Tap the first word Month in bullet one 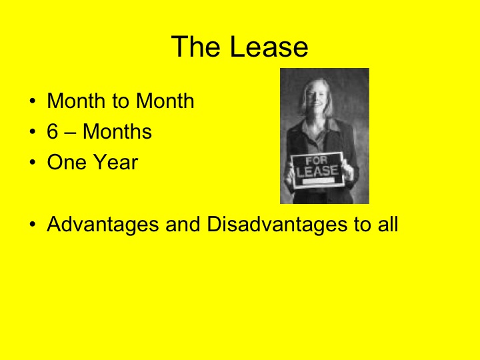tap(77, 101)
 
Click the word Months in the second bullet tap(117, 132)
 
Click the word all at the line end tap(385, 225)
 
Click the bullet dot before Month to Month tap(33, 103)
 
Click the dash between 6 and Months tap(71, 133)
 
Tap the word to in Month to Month tap(123, 101)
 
